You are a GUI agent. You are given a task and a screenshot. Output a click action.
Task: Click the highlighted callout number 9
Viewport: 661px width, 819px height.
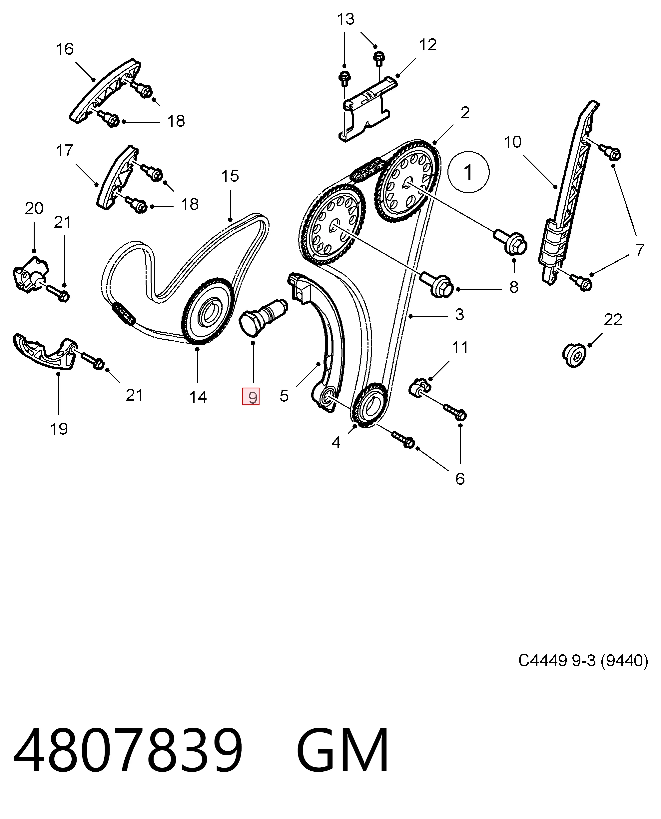click(x=251, y=397)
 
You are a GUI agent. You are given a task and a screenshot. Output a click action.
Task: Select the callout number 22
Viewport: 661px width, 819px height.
click(x=613, y=320)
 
